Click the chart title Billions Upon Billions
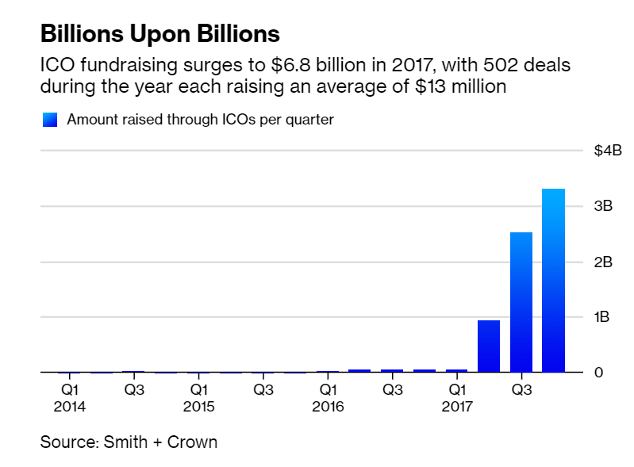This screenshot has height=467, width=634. tap(159, 34)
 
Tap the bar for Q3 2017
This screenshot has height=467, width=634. tap(521, 302)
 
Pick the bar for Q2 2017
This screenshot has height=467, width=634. tap(489, 346)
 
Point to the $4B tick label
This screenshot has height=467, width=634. tap(607, 151)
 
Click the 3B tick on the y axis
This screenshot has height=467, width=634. tap(603, 206)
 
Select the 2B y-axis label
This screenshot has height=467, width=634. tap(603, 262)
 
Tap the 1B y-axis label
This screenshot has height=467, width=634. tap(603, 317)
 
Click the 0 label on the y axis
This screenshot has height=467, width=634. tap(599, 373)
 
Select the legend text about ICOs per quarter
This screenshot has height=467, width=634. tap(200, 120)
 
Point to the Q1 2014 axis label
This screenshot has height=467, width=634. tap(70, 398)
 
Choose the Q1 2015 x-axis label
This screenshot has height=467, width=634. tap(198, 398)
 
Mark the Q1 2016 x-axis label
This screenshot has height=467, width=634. tap(328, 398)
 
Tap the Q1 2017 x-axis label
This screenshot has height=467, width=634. tap(456, 398)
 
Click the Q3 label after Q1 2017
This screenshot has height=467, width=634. tap(521, 390)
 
